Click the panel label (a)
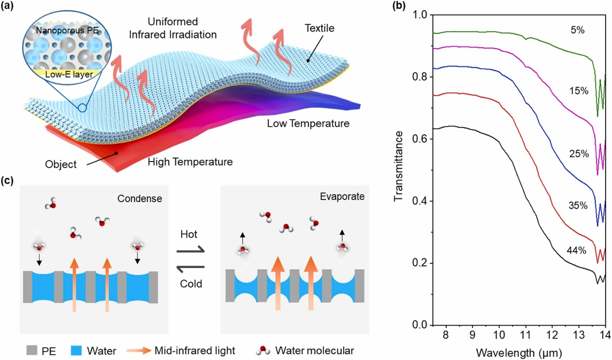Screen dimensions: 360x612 [10, 8]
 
